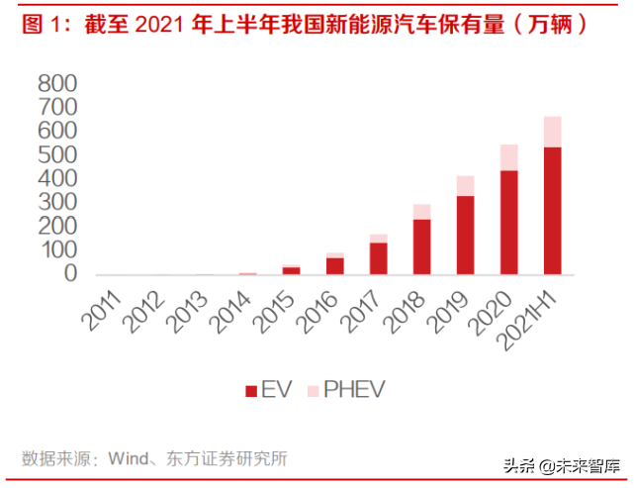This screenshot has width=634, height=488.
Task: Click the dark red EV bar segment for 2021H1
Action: point(553,211)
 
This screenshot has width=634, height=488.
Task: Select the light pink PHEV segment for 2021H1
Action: point(553,132)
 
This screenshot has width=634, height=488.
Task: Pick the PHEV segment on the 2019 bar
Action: point(466,186)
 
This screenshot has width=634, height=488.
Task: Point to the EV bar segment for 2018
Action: point(422,246)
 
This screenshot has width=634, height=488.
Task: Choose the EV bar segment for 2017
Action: point(379,258)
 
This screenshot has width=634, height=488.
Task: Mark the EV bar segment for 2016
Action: point(335,265)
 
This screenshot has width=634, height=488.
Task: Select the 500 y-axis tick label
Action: point(57,155)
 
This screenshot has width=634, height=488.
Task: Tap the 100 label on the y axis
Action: point(57,250)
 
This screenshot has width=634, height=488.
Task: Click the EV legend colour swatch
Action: point(251,389)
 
